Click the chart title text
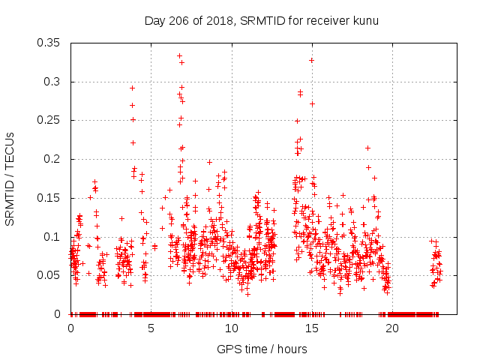[261, 20]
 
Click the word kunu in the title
[365, 20]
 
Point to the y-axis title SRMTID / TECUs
[10, 178]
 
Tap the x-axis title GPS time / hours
[261, 349]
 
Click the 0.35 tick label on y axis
[49, 43]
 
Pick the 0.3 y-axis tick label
[52, 82]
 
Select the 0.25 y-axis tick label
[49, 120]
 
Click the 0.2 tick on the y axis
[52, 159]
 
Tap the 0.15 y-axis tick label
[49, 198]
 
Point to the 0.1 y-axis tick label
[52, 237]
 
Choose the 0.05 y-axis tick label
[49, 275]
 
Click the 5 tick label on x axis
[151, 328]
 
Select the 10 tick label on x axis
[232, 328]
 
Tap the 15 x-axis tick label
[312, 328]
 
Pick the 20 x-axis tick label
[392, 328]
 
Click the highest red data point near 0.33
[179, 55]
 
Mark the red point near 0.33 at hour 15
[311, 60]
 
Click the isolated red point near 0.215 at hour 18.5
[367, 148]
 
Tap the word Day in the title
[154, 20]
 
